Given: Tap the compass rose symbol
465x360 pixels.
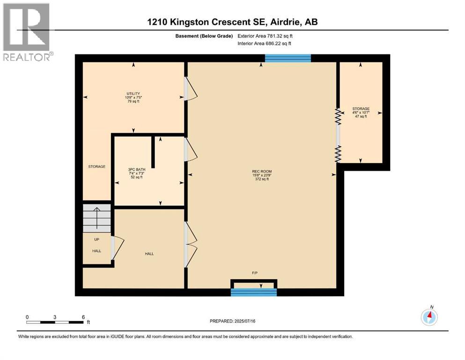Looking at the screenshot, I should coord(429,317).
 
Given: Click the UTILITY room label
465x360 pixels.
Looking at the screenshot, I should coord(133,94).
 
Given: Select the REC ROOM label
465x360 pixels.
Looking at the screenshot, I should coord(261,171).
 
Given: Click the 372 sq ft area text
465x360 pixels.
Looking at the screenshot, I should coord(261,179).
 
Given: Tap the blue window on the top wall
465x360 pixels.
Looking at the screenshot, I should coord(288,58).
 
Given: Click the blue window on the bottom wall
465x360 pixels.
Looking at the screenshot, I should coord(254,292).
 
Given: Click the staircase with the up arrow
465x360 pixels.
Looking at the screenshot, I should coord(97,218).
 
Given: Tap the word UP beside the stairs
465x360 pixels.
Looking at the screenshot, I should coord(96,240).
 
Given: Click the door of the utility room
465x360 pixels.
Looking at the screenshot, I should coord(191,89).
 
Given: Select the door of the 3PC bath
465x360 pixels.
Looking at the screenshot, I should coord(191,150).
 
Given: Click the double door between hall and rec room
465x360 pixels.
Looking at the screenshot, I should coord(191,244).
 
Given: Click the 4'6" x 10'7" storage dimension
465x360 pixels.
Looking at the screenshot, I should coord(361,112).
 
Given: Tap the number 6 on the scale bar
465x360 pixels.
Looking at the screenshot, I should coord(83,317).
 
